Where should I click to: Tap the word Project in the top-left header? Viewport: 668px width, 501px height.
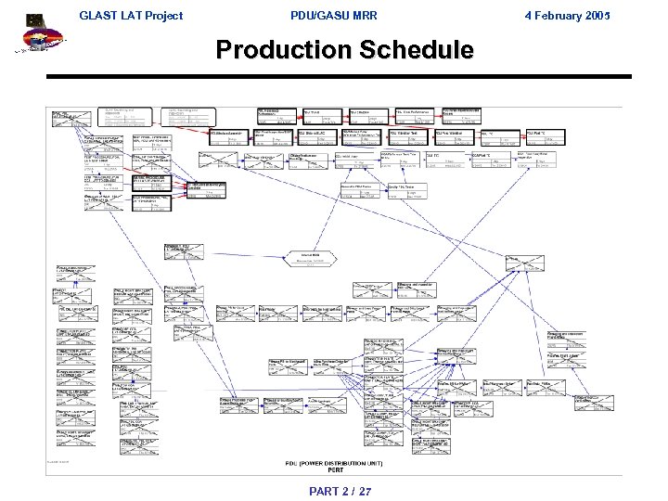pyautogui.click(x=161, y=15)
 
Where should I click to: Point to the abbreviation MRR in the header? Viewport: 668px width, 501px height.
pyautogui.click(x=363, y=15)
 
